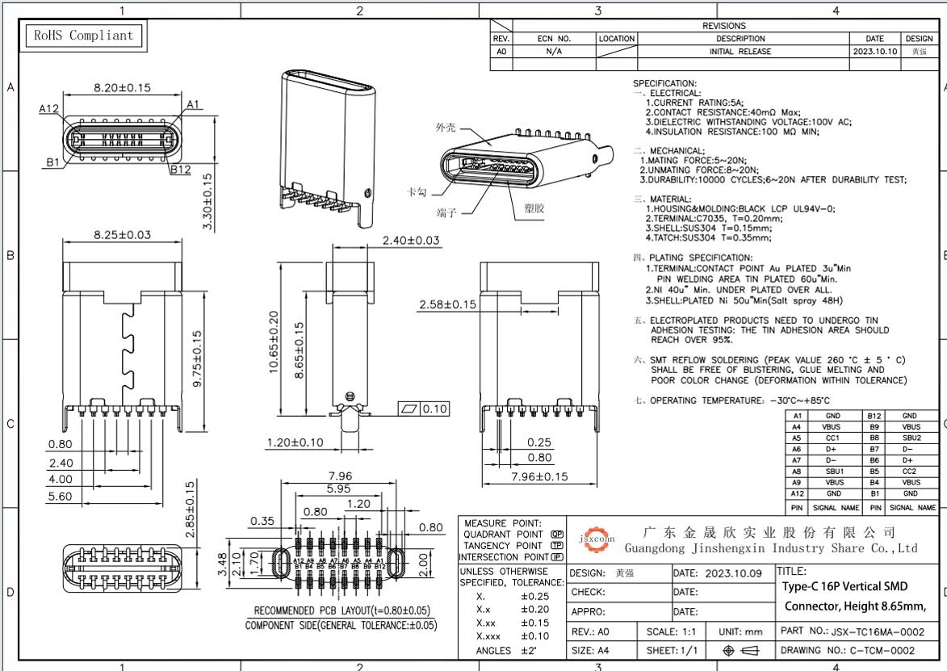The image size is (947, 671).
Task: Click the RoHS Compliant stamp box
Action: click(x=84, y=36)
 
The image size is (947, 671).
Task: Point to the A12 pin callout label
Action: click(x=49, y=108)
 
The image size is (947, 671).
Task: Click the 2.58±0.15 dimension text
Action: click(x=447, y=304)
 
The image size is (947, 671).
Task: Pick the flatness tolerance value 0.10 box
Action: click(x=434, y=409)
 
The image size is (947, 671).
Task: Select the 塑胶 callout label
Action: click(x=534, y=208)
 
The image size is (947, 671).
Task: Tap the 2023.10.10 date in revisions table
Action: click(x=874, y=51)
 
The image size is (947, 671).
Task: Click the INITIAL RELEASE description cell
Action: click(x=740, y=51)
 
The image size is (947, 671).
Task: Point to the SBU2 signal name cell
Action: click(x=911, y=438)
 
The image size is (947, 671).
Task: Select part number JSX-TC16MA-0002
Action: click(x=878, y=631)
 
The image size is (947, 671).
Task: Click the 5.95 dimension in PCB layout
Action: click(x=338, y=489)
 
